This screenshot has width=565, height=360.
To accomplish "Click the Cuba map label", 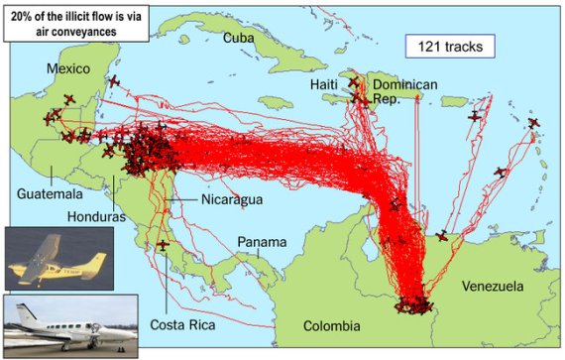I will click(x=239, y=37).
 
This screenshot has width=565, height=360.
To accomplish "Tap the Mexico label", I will click(x=68, y=68).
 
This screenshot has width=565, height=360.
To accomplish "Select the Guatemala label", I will click(x=50, y=193).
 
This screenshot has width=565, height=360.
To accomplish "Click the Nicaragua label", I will click(x=231, y=200).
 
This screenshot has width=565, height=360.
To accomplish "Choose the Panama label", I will click(x=262, y=242).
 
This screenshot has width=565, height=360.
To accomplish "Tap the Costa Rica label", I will click(x=182, y=324).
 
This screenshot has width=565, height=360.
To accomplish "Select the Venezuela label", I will click(x=492, y=287).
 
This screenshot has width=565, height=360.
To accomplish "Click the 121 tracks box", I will click(x=447, y=45).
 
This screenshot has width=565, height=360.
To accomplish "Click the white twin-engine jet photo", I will click(x=67, y=323).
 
